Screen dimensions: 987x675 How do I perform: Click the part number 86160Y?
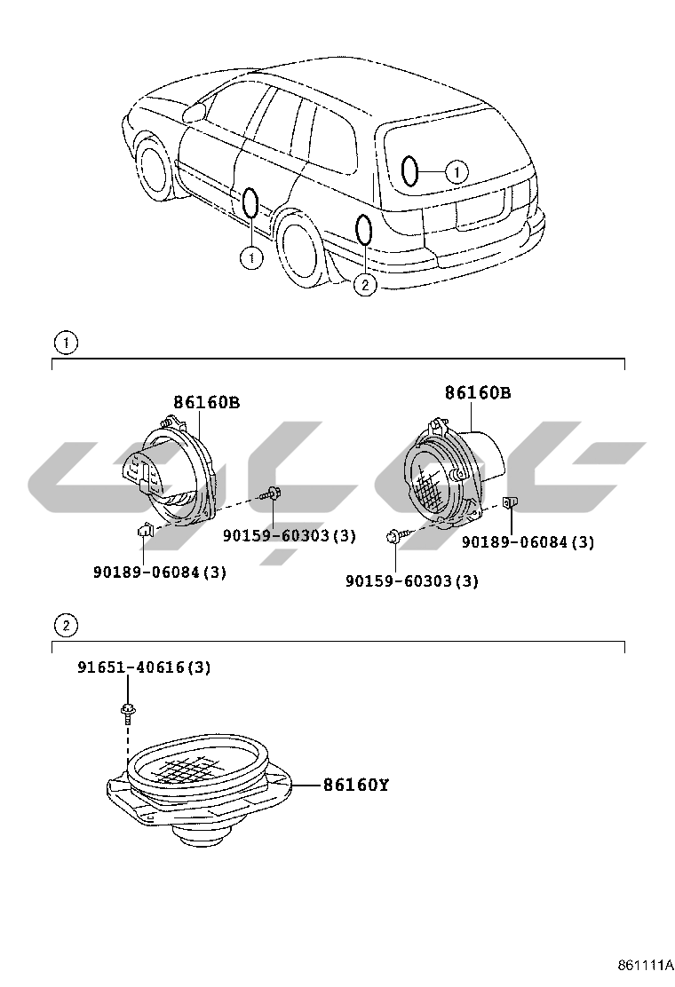(x=355, y=785)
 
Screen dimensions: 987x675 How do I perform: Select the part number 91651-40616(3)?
(x=143, y=667)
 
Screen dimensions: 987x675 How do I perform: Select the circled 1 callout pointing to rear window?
(x=455, y=171)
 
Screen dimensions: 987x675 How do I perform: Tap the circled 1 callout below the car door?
(x=251, y=258)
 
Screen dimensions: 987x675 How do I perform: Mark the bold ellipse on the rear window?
(x=409, y=170)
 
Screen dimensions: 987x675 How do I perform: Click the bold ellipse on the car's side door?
(x=251, y=203)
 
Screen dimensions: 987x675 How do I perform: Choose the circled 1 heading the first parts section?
(x=65, y=342)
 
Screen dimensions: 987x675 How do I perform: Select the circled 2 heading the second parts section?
(x=65, y=626)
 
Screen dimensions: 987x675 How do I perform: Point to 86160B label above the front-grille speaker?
(x=478, y=392)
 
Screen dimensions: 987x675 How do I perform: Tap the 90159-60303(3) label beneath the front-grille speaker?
(x=411, y=581)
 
